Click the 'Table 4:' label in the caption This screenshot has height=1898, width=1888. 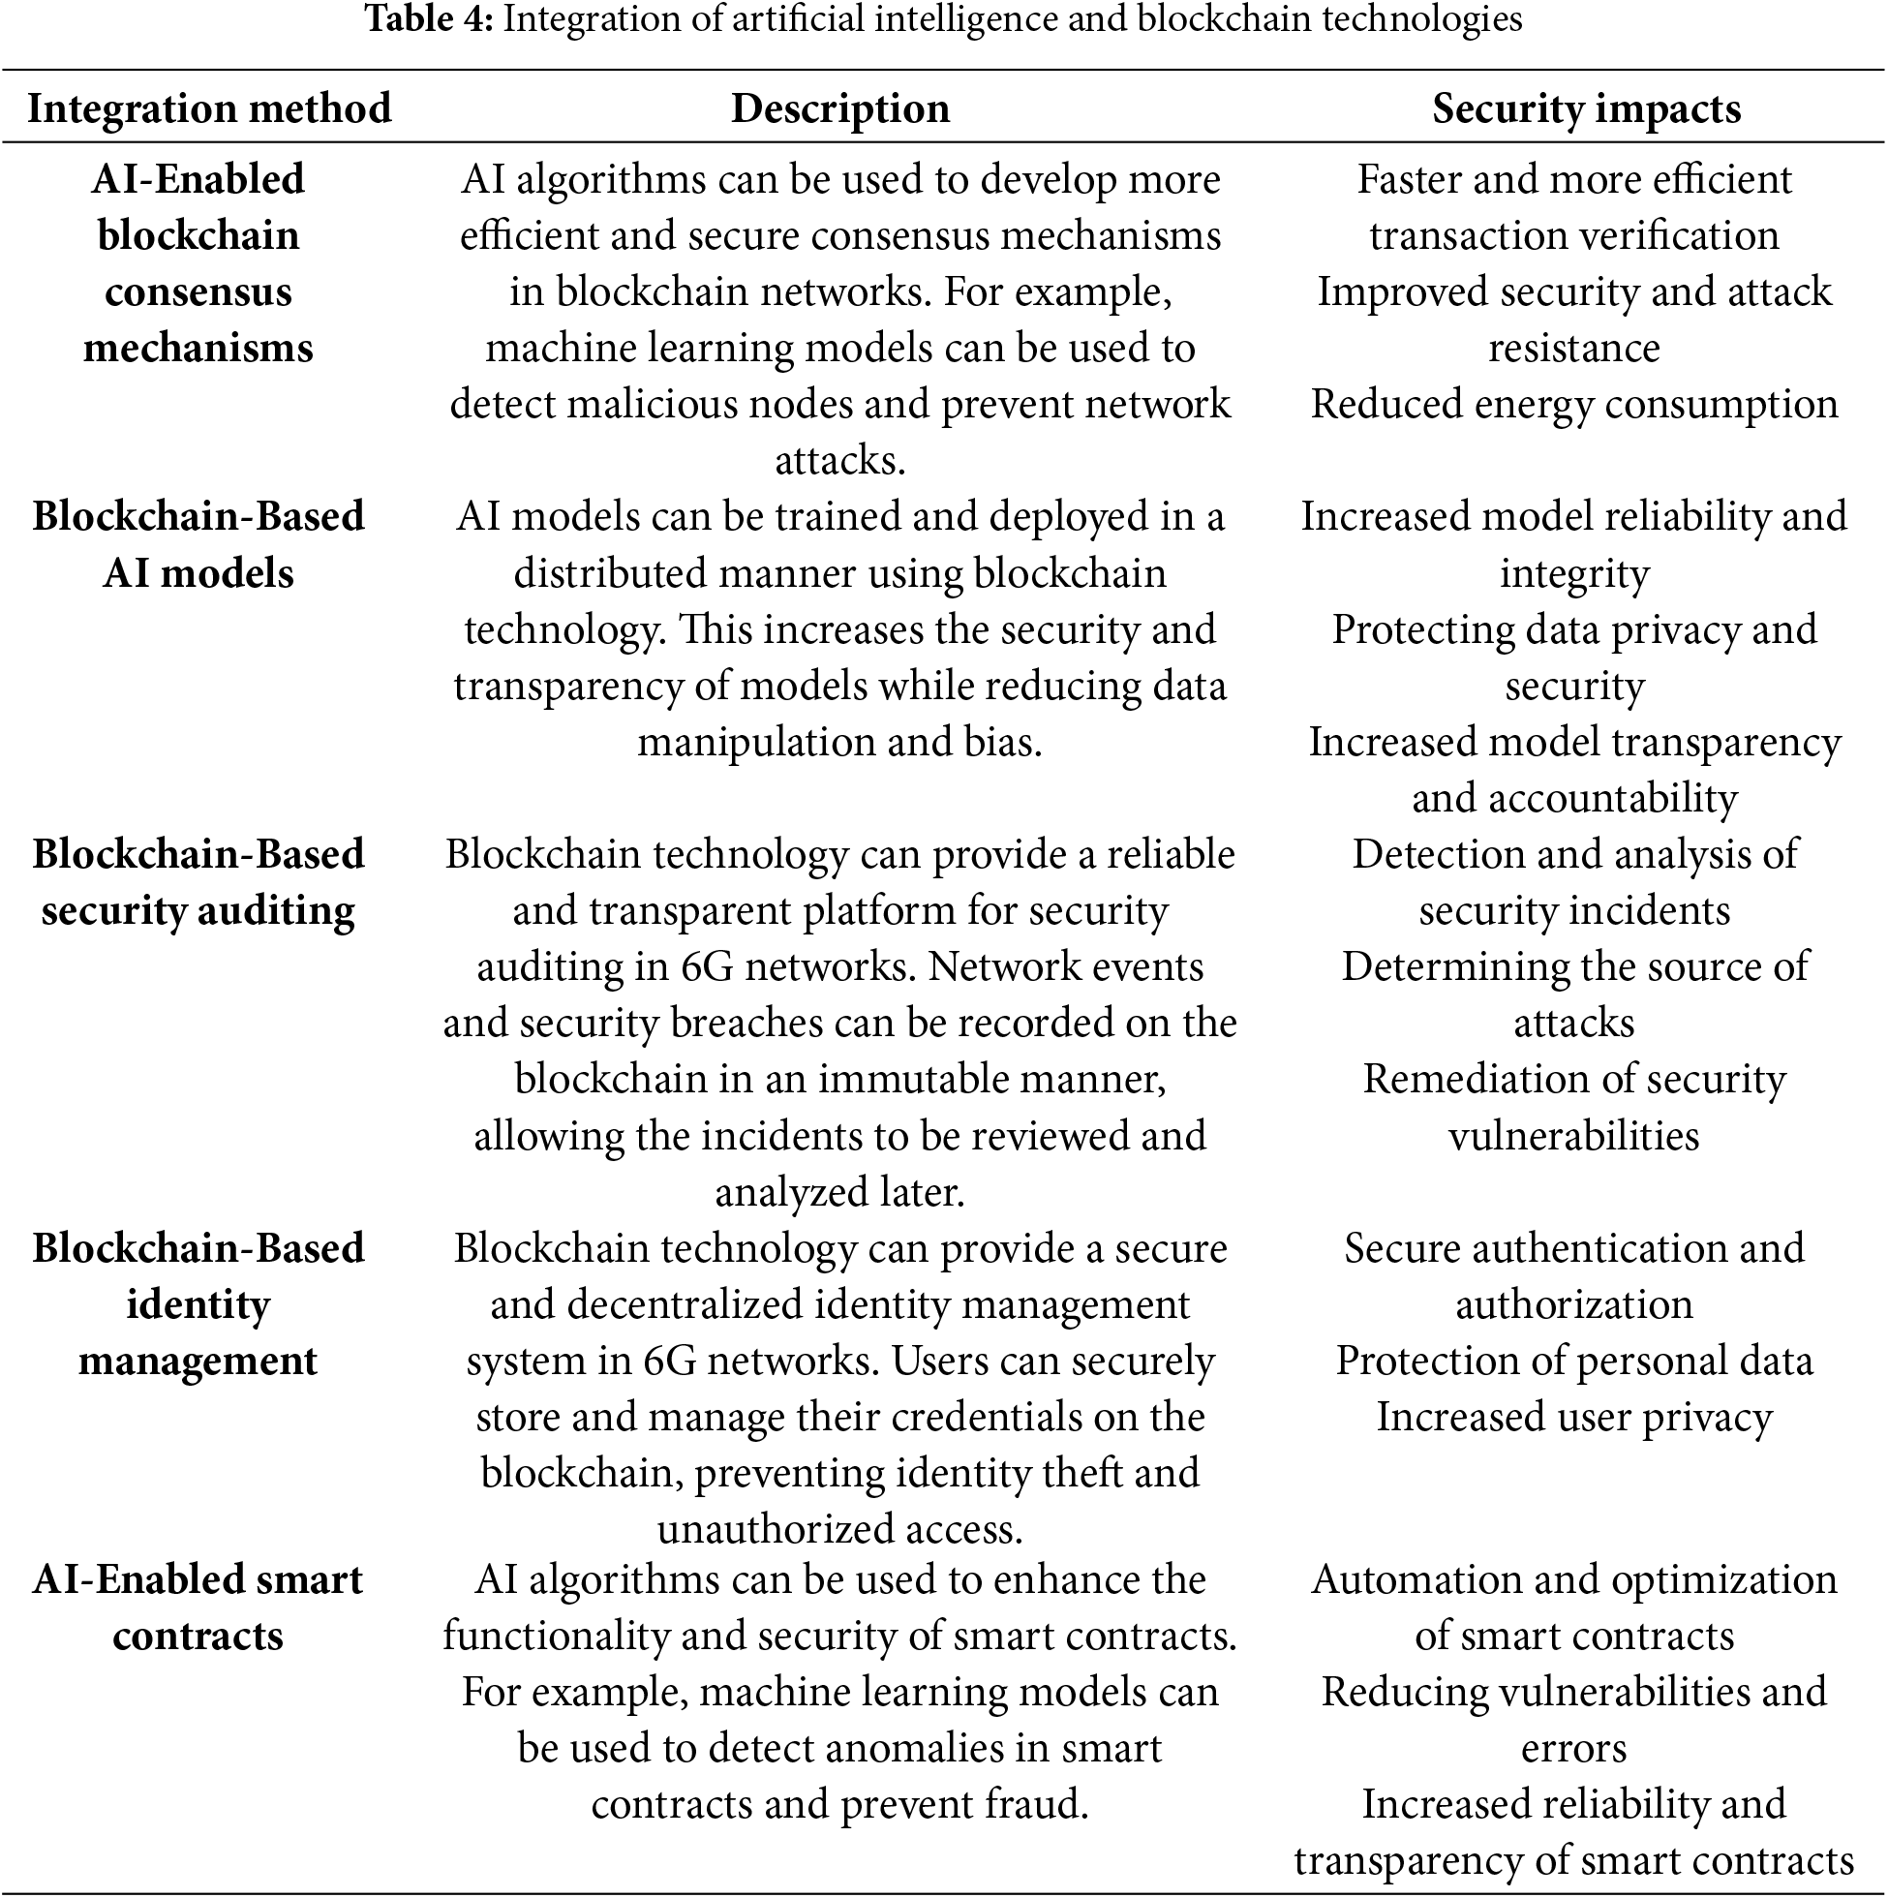pos(429,18)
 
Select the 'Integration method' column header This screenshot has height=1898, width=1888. pos(208,108)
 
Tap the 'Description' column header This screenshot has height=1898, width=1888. pos(839,108)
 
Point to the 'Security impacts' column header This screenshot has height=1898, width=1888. pos(1586,108)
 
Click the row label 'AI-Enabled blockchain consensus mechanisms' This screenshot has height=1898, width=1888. pos(198,263)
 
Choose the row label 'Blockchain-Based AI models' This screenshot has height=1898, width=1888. pos(198,544)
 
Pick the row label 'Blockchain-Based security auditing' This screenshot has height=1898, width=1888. pos(198,882)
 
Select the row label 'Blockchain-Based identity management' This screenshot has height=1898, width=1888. pos(198,1304)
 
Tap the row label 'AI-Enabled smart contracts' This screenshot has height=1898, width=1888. pos(198,1607)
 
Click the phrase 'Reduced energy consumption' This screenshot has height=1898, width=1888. pos(1573,404)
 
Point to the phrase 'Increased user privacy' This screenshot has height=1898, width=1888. pos(1573,1417)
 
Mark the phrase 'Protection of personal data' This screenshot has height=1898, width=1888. pos(1573,1361)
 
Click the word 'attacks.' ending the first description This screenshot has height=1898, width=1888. pos(839,460)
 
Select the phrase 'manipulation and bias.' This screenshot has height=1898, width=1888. pos(839,742)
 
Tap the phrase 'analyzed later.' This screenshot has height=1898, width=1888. pos(839,1192)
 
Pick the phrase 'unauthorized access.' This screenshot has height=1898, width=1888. pos(839,1530)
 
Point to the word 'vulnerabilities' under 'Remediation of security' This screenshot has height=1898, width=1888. pos(1573,1136)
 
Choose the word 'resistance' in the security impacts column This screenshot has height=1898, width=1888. pos(1573,348)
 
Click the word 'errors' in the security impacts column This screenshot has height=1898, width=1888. pos(1573,1748)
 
